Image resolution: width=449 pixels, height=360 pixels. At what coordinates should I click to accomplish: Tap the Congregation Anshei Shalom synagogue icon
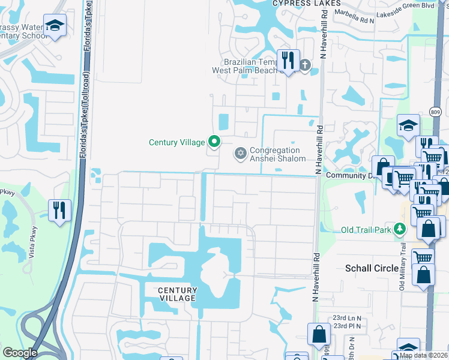click(241, 154)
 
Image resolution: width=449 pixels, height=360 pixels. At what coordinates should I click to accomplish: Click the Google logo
click(20, 353)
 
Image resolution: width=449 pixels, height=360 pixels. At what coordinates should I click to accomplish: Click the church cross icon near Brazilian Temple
click(304, 65)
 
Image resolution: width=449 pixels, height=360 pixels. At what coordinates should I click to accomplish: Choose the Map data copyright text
click(423, 355)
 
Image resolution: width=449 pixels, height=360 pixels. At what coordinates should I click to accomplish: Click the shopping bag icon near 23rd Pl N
click(319, 334)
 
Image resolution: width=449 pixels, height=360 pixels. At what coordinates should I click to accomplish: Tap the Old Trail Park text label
click(366, 230)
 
